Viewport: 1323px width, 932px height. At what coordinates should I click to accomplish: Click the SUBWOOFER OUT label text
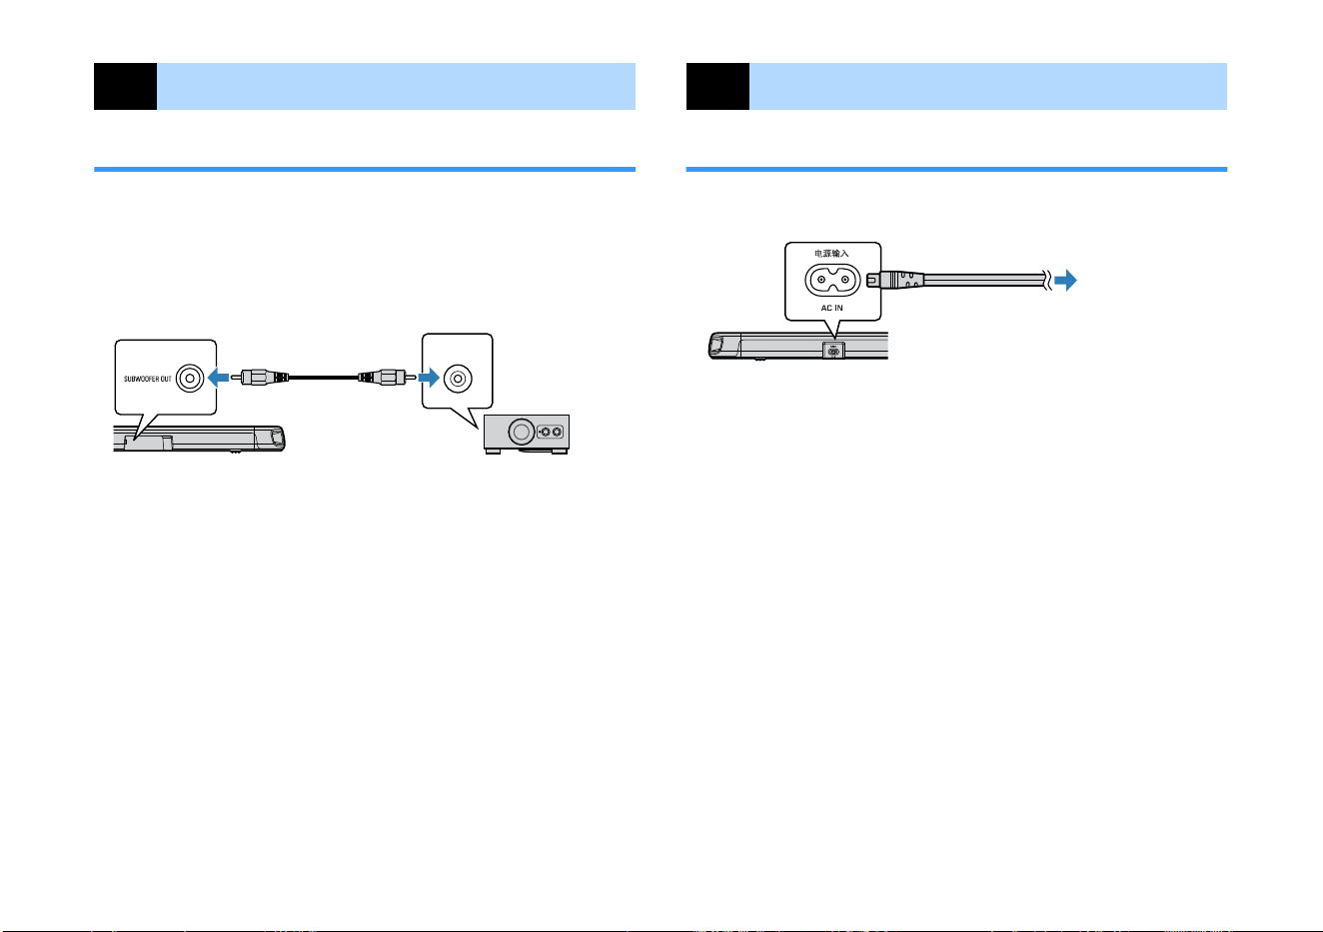click(147, 380)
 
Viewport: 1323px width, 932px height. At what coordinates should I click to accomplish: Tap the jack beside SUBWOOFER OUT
click(190, 378)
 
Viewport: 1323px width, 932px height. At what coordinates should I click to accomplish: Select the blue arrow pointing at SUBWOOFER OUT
click(219, 378)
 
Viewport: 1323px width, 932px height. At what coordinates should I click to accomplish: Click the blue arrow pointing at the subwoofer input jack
click(429, 378)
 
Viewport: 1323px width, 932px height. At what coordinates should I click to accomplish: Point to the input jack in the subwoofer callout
click(458, 378)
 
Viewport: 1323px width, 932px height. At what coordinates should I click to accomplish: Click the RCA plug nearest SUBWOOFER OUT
click(260, 377)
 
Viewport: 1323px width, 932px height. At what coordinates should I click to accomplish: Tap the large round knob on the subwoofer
click(521, 433)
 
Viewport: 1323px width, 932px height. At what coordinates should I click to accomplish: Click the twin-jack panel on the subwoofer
click(551, 433)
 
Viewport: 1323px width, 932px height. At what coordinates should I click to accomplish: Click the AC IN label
click(831, 308)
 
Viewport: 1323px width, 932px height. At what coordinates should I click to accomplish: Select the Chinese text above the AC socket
click(831, 254)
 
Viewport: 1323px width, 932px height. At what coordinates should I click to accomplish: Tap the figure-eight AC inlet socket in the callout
click(832, 280)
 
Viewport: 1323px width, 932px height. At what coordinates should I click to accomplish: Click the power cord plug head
click(894, 280)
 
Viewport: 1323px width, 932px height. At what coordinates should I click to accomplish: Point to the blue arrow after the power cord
click(1066, 280)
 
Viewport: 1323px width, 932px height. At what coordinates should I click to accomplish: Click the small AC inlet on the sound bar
click(833, 351)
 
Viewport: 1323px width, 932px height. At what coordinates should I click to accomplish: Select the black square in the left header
click(125, 86)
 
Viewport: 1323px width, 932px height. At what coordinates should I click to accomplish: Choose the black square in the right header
click(717, 86)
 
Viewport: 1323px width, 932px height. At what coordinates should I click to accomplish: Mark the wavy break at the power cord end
click(1047, 280)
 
